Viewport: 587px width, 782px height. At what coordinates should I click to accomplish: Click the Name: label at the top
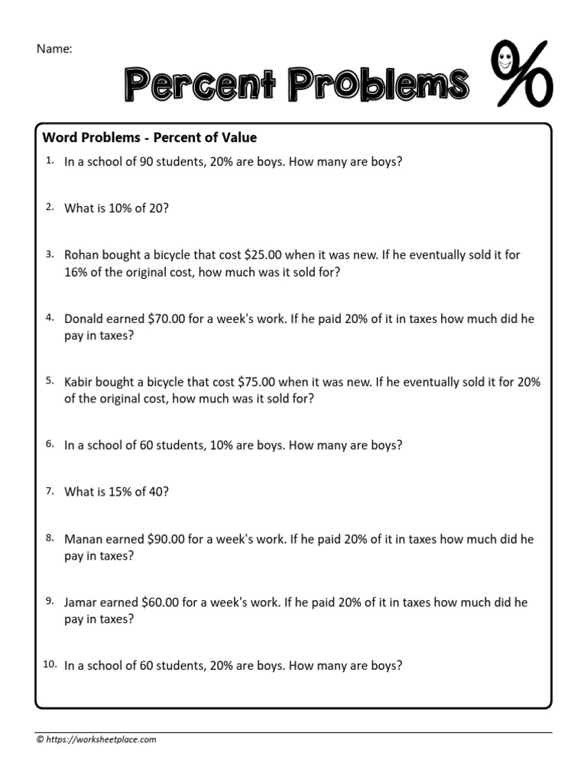click(x=54, y=49)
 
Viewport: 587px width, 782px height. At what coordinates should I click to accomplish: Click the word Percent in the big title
click(x=202, y=84)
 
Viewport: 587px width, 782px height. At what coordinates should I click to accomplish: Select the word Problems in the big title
click(x=378, y=84)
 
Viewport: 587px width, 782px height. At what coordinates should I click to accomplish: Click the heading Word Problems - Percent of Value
click(x=150, y=138)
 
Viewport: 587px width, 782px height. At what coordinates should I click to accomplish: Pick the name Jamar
click(x=83, y=603)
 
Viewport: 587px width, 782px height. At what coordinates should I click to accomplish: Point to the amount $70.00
click(x=161, y=318)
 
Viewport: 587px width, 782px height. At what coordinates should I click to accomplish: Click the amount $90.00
click(x=161, y=539)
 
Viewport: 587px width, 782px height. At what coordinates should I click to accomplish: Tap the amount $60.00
click(x=161, y=603)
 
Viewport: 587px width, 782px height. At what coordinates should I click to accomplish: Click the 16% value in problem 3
click(x=77, y=271)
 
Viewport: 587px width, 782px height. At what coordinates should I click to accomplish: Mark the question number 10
click(x=50, y=664)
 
